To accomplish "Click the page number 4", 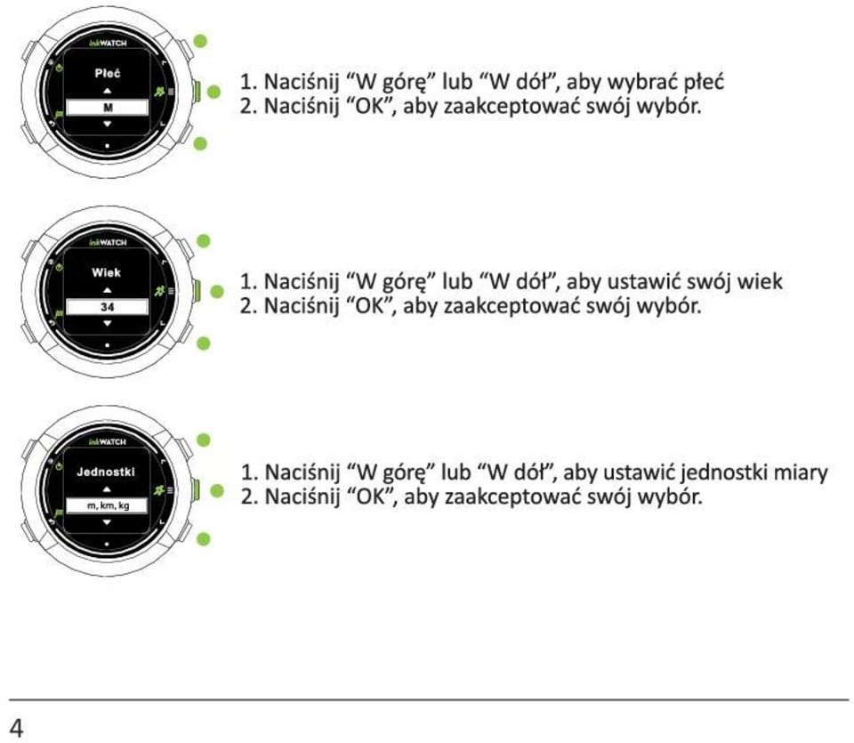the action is tap(16, 728).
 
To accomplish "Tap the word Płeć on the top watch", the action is tap(108, 73).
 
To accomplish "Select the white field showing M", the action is tap(107, 108).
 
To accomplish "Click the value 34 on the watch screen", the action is tap(107, 307).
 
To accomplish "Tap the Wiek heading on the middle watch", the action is tap(106, 272).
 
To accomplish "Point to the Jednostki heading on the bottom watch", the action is tap(106, 472).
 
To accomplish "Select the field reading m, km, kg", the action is tap(107, 505).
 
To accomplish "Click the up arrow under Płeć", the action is tap(108, 91).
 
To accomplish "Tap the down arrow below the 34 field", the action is tap(108, 324).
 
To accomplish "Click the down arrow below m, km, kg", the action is tap(107, 522).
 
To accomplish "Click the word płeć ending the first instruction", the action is tap(704, 82).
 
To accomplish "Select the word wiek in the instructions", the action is tap(760, 281).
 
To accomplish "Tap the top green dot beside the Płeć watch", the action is tap(200, 42).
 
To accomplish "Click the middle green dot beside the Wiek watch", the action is tap(217, 292).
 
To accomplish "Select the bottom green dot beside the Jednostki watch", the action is tap(203, 540).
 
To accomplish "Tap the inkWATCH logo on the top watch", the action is tap(108, 43).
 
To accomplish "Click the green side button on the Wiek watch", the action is tap(197, 291).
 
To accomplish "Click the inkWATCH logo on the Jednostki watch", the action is tap(108, 441).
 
